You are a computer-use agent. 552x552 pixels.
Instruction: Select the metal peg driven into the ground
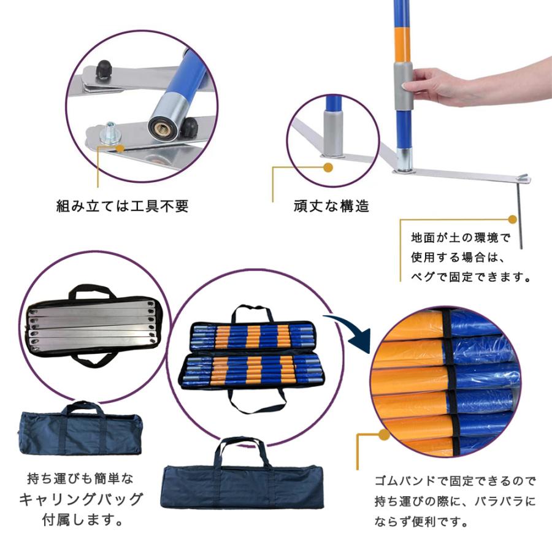(519, 215)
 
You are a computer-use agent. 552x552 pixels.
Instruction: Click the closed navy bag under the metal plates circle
(80, 432)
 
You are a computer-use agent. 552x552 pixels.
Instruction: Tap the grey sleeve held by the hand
(403, 86)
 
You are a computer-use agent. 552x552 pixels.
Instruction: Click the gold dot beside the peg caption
(512, 219)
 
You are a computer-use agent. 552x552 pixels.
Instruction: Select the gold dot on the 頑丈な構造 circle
(328, 167)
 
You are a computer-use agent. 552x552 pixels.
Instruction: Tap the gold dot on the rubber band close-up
(384, 435)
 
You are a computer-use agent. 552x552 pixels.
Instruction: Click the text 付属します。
(82, 521)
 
